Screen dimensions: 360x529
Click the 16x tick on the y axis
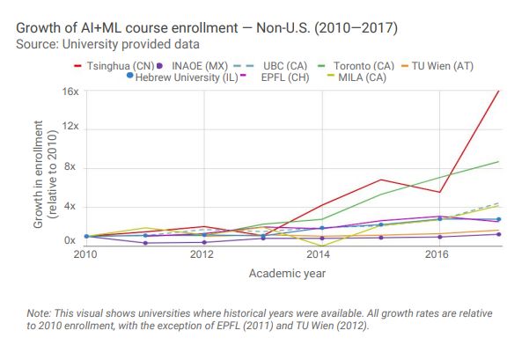click(x=70, y=91)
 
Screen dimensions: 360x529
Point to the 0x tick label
click(x=72, y=240)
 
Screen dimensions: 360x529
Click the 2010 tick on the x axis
click(x=86, y=255)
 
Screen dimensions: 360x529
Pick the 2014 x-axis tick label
click(x=319, y=255)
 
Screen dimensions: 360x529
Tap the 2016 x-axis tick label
click(x=436, y=255)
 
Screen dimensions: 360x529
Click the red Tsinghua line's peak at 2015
click(x=378, y=180)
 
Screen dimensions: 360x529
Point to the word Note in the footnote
click(x=41, y=313)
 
